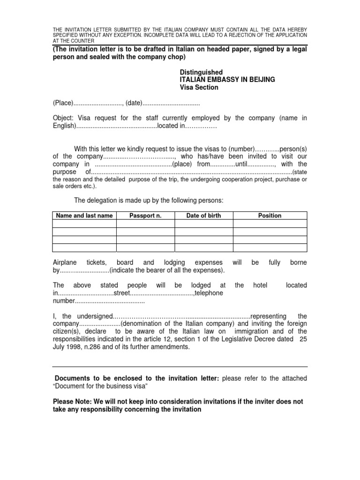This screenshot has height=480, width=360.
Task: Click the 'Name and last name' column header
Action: (84, 216)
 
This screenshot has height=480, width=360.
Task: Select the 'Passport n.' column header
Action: (145, 216)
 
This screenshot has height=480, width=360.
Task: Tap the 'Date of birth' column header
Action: (203, 216)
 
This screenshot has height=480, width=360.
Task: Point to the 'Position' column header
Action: (270, 216)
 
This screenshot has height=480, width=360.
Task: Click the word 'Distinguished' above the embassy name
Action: (201, 72)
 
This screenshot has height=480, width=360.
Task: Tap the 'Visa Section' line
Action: (199, 87)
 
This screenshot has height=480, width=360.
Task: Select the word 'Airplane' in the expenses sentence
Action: (66, 262)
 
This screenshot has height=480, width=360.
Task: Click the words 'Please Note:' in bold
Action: (73, 402)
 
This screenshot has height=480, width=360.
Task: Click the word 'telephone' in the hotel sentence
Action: (209, 293)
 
